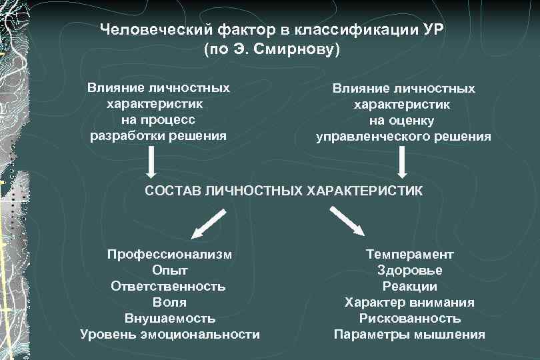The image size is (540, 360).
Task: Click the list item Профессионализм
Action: [x=170, y=254]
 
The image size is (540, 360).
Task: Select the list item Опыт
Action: [x=170, y=270]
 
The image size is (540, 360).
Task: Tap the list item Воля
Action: [x=170, y=302]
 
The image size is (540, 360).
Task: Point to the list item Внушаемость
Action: [x=170, y=318]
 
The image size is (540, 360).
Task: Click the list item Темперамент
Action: [x=409, y=254]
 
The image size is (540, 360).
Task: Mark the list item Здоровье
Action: [x=409, y=270]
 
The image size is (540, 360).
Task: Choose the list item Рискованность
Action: [x=409, y=318]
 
